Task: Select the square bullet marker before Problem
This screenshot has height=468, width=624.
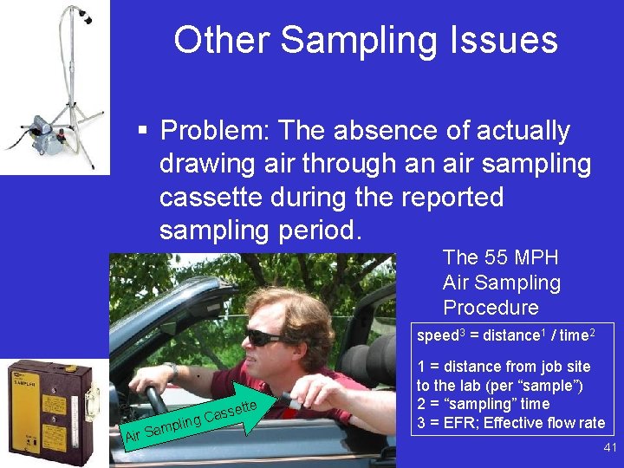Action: [143, 132]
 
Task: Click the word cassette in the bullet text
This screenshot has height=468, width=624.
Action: [212, 197]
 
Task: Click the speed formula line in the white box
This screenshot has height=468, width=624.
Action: [503, 335]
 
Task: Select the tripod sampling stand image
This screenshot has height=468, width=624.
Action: [56, 87]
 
